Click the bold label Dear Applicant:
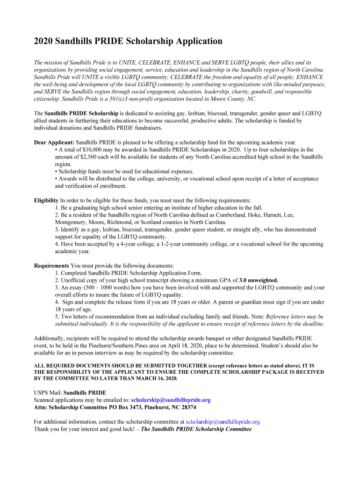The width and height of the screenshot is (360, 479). point(54,142)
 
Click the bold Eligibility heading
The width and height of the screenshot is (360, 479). point(46,200)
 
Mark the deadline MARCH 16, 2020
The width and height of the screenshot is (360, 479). point(152,378)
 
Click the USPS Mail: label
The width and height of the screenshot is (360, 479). point(48,392)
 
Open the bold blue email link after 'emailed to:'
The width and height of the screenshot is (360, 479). point(171,400)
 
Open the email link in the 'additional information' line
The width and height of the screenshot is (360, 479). point(223,421)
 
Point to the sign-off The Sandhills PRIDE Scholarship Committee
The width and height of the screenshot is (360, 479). point(196,429)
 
